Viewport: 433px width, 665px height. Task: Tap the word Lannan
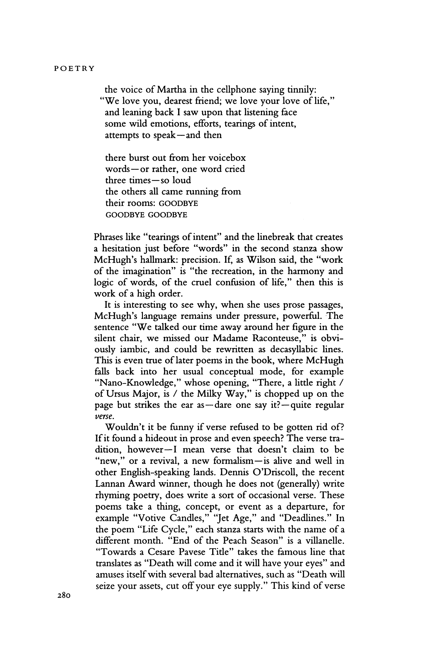click(x=109, y=484)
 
